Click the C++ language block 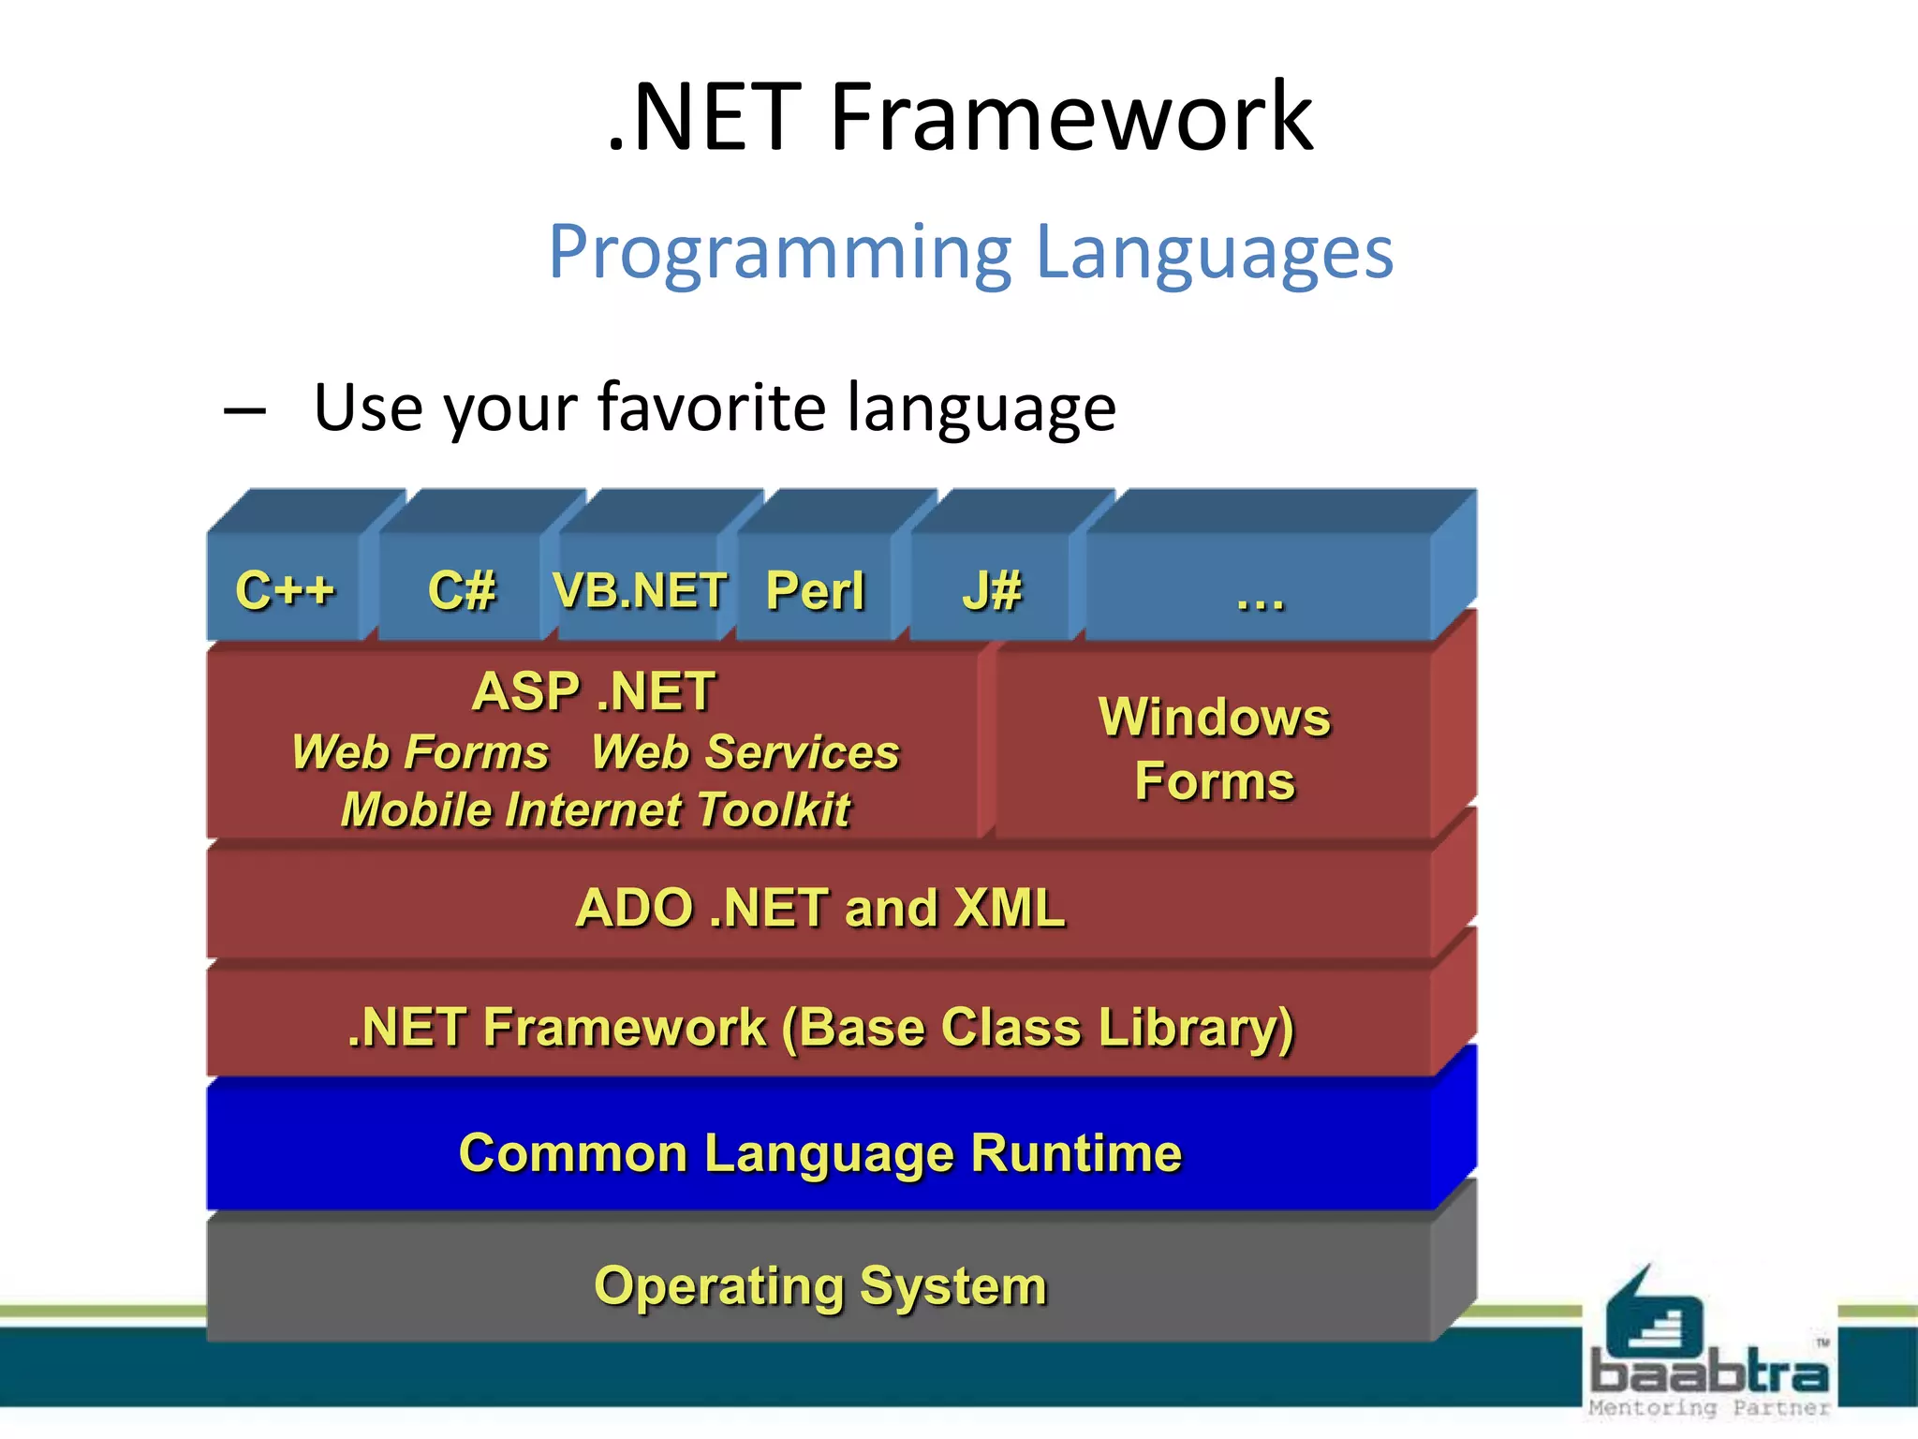click(x=285, y=590)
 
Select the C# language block click(x=461, y=590)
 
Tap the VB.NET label click(x=640, y=590)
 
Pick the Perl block click(x=815, y=590)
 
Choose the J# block click(x=991, y=590)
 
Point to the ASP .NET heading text click(x=594, y=691)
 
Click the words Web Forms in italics click(x=420, y=752)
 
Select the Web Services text click(x=745, y=752)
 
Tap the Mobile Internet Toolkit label click(x=596, y=810)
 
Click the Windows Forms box click(x=1214, y=749)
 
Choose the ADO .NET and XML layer click(x=820, y=908)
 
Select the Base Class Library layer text click(x=820, y=1028)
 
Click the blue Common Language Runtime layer click(x=820, y=1152)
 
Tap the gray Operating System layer click(x=820, y=1285)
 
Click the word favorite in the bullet click(x=712, y=408)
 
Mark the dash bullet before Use click(x=245, y=410)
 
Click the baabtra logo click(x=1708, y=1349)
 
